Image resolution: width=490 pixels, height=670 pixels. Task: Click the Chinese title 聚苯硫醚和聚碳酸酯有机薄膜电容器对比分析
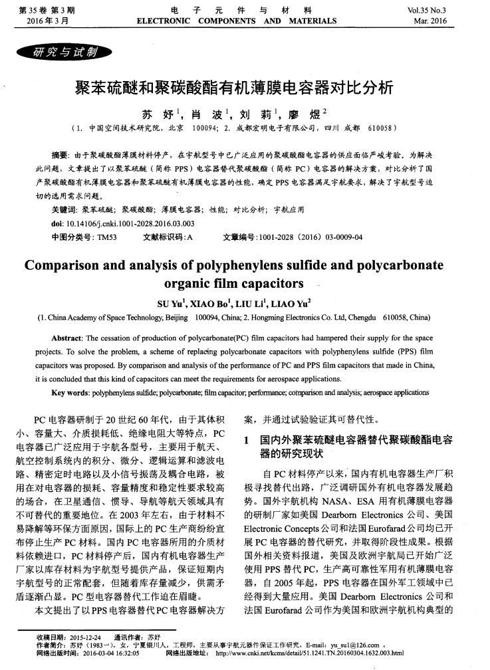tap(245, 86)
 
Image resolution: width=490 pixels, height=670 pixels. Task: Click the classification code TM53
tap(106, 237)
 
